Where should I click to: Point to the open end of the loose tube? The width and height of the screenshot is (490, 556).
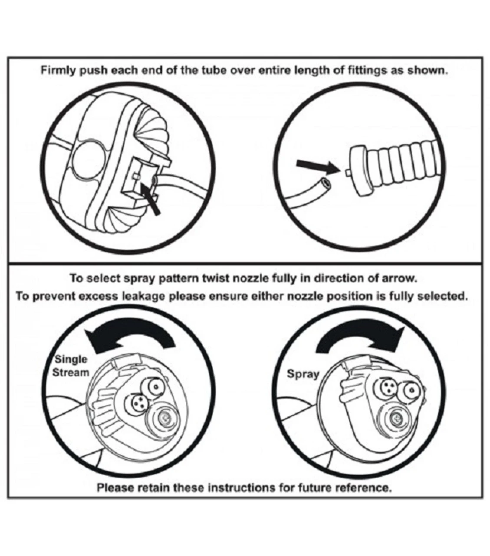(326, 182)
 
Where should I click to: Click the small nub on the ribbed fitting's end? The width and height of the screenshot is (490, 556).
(347, 172)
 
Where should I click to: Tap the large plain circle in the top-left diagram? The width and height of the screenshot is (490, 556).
(88, 159)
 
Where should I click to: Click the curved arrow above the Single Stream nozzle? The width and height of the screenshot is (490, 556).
(130, 336)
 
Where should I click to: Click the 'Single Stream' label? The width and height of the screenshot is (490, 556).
(71, 366)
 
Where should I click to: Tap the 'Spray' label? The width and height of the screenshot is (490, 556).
(303, 374)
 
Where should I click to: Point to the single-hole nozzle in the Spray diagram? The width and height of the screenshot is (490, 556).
(409, 390)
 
